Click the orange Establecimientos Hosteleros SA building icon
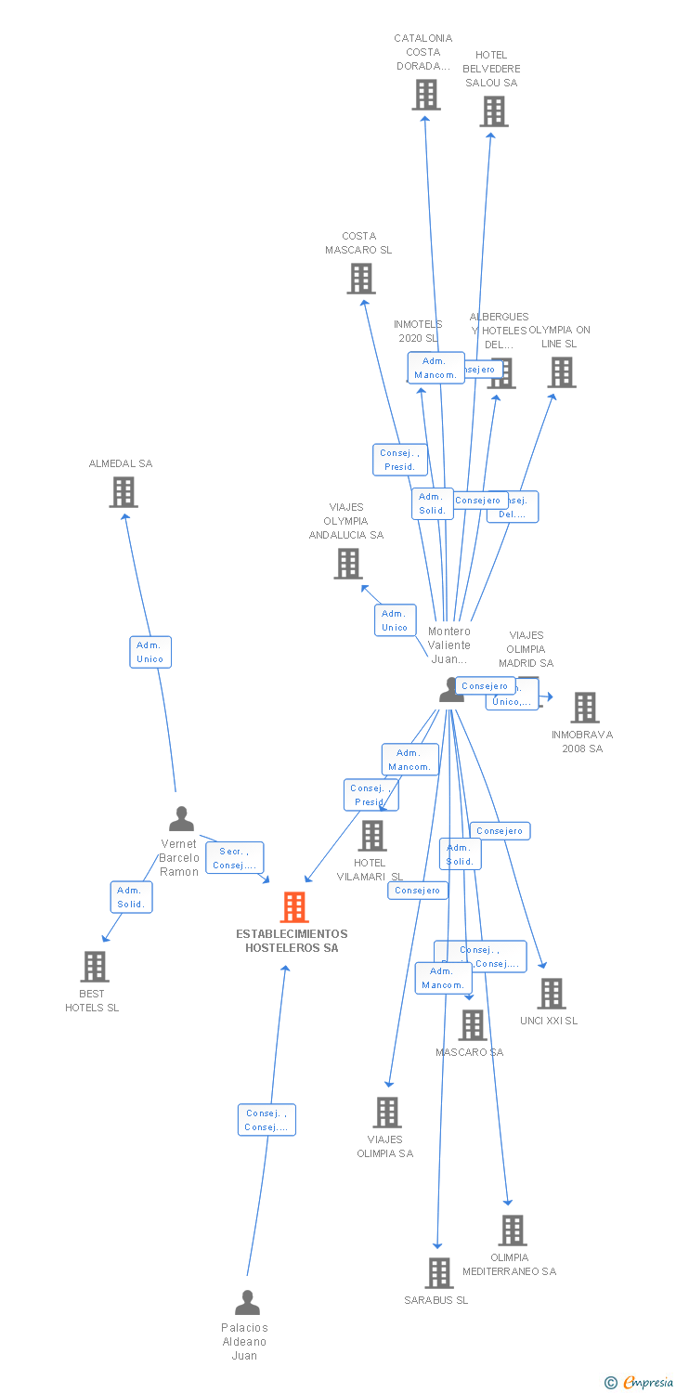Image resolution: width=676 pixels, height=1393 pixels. point(294,907)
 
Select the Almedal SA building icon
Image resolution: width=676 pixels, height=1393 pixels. point(123,492)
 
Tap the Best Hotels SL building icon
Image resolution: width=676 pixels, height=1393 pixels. point(94,967)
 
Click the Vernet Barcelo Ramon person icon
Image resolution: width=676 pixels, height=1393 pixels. point(181,818)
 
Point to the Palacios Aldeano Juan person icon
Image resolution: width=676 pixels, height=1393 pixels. point(247,1303)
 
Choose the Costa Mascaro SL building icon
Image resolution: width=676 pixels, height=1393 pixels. point(360,279)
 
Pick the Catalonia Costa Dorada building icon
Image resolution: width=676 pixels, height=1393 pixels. point(425,95)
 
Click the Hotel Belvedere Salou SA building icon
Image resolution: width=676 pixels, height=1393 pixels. point(493,111)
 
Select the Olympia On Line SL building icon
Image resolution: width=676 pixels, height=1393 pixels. point(561,372)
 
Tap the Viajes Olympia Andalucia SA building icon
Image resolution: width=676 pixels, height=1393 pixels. point(348,564)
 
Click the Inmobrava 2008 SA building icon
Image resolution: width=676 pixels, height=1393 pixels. point(584,708)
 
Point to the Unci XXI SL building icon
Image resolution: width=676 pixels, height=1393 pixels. point(551,994)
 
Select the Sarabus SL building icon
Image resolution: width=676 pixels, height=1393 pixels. point(438,1273)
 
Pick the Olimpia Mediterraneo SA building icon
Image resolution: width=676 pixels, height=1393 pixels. point(512,1230)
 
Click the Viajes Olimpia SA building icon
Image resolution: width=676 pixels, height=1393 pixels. point(386,1113)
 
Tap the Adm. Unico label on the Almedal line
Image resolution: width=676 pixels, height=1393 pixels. point(149,652)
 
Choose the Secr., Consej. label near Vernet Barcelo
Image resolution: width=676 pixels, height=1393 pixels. point(234,858)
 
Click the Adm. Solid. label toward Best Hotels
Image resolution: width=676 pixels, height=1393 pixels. point(131,897)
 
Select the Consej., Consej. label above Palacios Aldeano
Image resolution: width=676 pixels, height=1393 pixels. point(266,1120)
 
